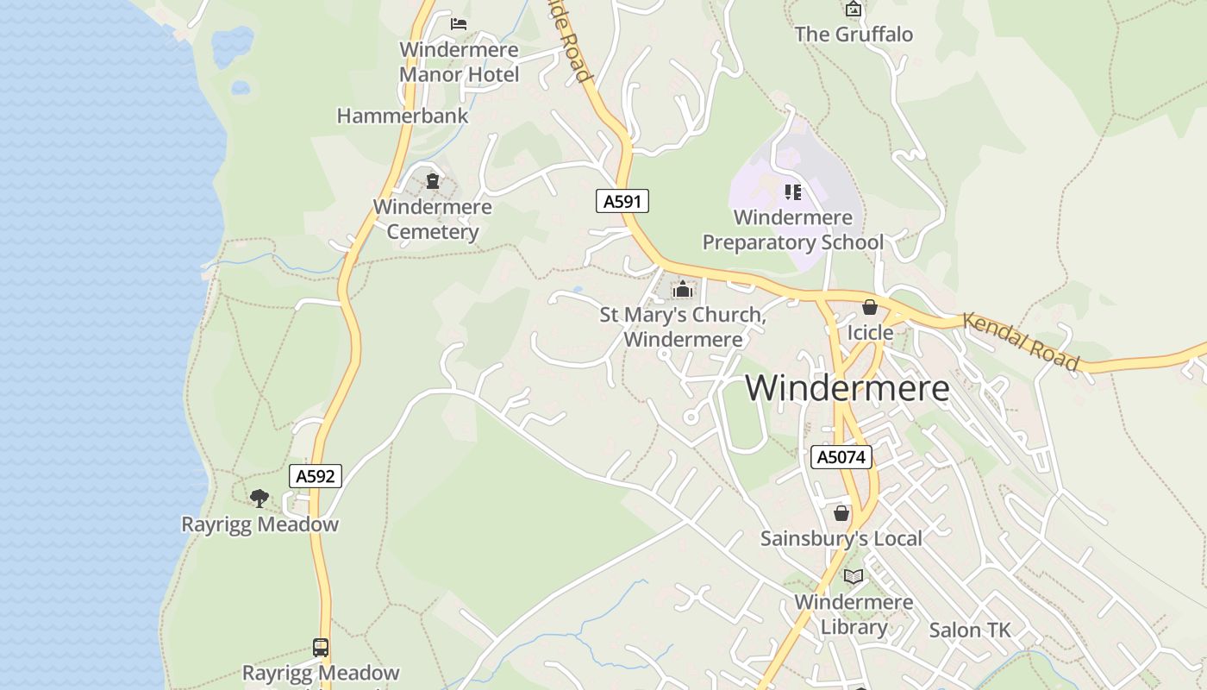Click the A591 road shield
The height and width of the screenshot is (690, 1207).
click(622, 202)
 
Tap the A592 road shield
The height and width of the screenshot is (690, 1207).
click(315, 476)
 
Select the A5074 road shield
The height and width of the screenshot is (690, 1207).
click(841, 457)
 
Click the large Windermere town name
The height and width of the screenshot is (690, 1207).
click(847, 388)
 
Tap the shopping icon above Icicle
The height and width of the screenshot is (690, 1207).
click(870, 307)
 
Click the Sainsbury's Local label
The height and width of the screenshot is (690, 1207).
click(841, 538)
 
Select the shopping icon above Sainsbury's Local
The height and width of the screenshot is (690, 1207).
click(841, 513)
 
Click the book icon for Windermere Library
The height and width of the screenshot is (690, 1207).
click(854, 576)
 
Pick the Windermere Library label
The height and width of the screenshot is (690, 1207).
click(854, 614)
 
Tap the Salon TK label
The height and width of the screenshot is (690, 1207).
click(969, 630)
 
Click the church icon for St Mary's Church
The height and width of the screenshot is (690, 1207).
click(683, 289)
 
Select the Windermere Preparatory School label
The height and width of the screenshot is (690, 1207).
click(792, 229)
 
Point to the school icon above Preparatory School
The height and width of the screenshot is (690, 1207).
click(792, 191)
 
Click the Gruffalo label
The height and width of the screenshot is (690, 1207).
click(854, 34)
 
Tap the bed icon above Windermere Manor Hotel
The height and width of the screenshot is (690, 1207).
click(459, 23)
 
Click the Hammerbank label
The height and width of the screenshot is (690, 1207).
click(403, 116)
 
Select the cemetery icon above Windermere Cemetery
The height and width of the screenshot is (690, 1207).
click(432, 181)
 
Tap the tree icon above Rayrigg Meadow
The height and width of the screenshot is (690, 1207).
click(259, 498)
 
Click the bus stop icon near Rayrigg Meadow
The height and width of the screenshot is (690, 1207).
click(320, 647)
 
